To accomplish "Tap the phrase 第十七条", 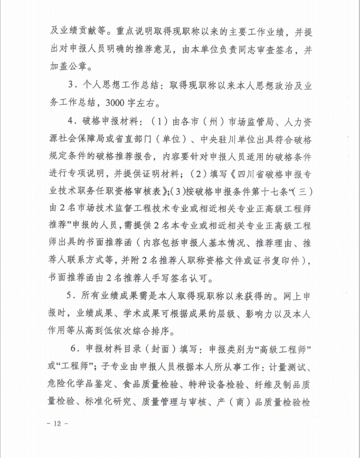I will (280, 191).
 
